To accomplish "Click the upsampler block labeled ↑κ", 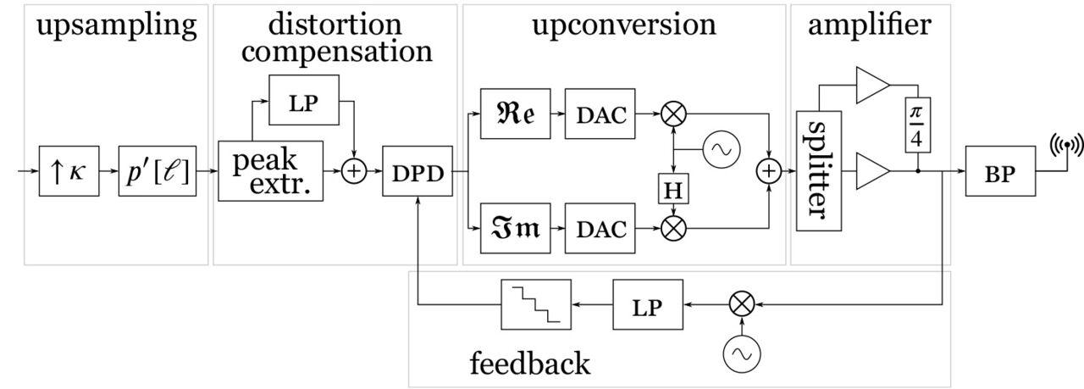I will coord(64,171).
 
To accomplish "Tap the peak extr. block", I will coord(270,171).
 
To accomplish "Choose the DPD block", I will coord(418,171).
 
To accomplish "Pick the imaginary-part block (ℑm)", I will coord(515,229).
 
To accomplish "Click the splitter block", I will coord(818,170).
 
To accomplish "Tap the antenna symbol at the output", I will coord(1065,146).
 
